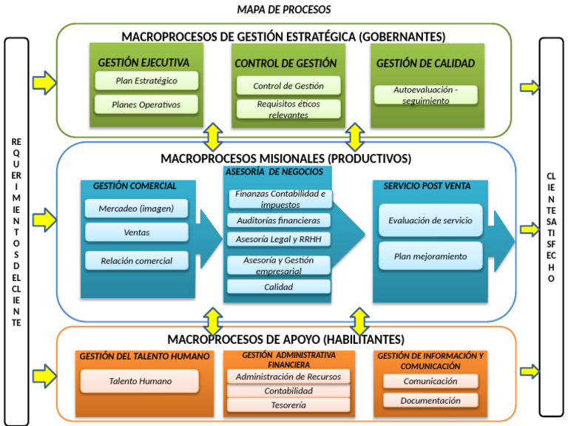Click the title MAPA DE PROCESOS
[x=284, y=10]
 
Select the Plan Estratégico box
[x=146, y=81]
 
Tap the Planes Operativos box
[x=146, y=104]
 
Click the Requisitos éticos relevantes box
[x=288, y=109]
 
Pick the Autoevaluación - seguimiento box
[x=425, y=95]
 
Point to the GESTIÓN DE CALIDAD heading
[x=425, y=64]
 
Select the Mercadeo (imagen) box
[x=136, y=209]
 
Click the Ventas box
[x=136, y=232]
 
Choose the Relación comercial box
[x=136, y=260]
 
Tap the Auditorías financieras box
[x=278, y=220]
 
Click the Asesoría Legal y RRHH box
[x=278, y=239]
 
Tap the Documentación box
[x=430, y=400]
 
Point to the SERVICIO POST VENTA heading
[x=427, y=186]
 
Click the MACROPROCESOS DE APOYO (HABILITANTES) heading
[x=285, y=339]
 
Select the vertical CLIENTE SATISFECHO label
[x=551, y=227]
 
